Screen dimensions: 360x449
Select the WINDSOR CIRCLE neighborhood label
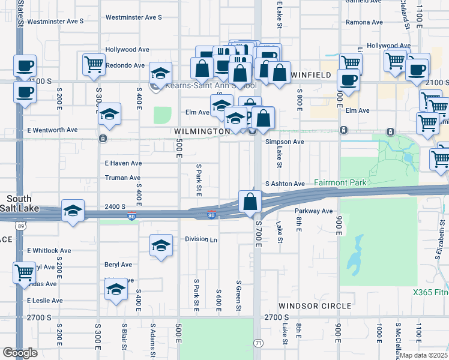pos(315,306)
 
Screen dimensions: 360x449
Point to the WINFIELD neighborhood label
pos(312,74)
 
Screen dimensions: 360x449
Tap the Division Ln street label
pos(201,239)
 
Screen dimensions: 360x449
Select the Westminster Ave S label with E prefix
pos(55,21)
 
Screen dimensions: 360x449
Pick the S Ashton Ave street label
pos(285,184)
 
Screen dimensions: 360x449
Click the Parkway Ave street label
pos(313,211)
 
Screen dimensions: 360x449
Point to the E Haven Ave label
pos(123,163)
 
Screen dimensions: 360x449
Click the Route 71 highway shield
pos(258,341)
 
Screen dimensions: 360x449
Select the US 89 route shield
pos(21,226)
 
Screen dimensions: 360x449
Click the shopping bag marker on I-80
pos(250,203)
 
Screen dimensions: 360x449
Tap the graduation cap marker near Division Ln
pos(161,246)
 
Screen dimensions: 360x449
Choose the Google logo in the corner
pos(20,353)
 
